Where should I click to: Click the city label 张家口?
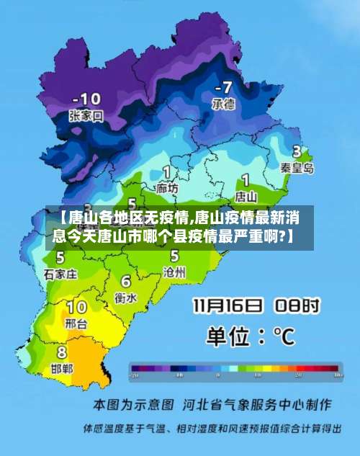click(x=86, y=115)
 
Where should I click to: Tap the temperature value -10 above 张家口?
click(x=88, y=98)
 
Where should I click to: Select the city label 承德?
click(x=222, y=104)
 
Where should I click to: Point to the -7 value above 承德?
click(x=222, y=87)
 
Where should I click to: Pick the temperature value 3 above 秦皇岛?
click(x=297, y=151)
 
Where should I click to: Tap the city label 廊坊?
click(x=167, y=188)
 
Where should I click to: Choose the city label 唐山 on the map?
click(x=246, y=195)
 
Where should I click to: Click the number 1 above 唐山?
click(x=246, y=179)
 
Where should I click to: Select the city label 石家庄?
click(x=60, y=274)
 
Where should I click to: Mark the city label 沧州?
click(x=174, y=272)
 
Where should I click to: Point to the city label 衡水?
click(x=126, y=298)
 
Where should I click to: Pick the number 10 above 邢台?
click(x=76, y=308)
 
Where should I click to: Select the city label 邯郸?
click(x=62, y=368)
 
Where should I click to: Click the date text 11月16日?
click(x=226, y=305)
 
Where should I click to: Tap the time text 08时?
click(x=295, y=305)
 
